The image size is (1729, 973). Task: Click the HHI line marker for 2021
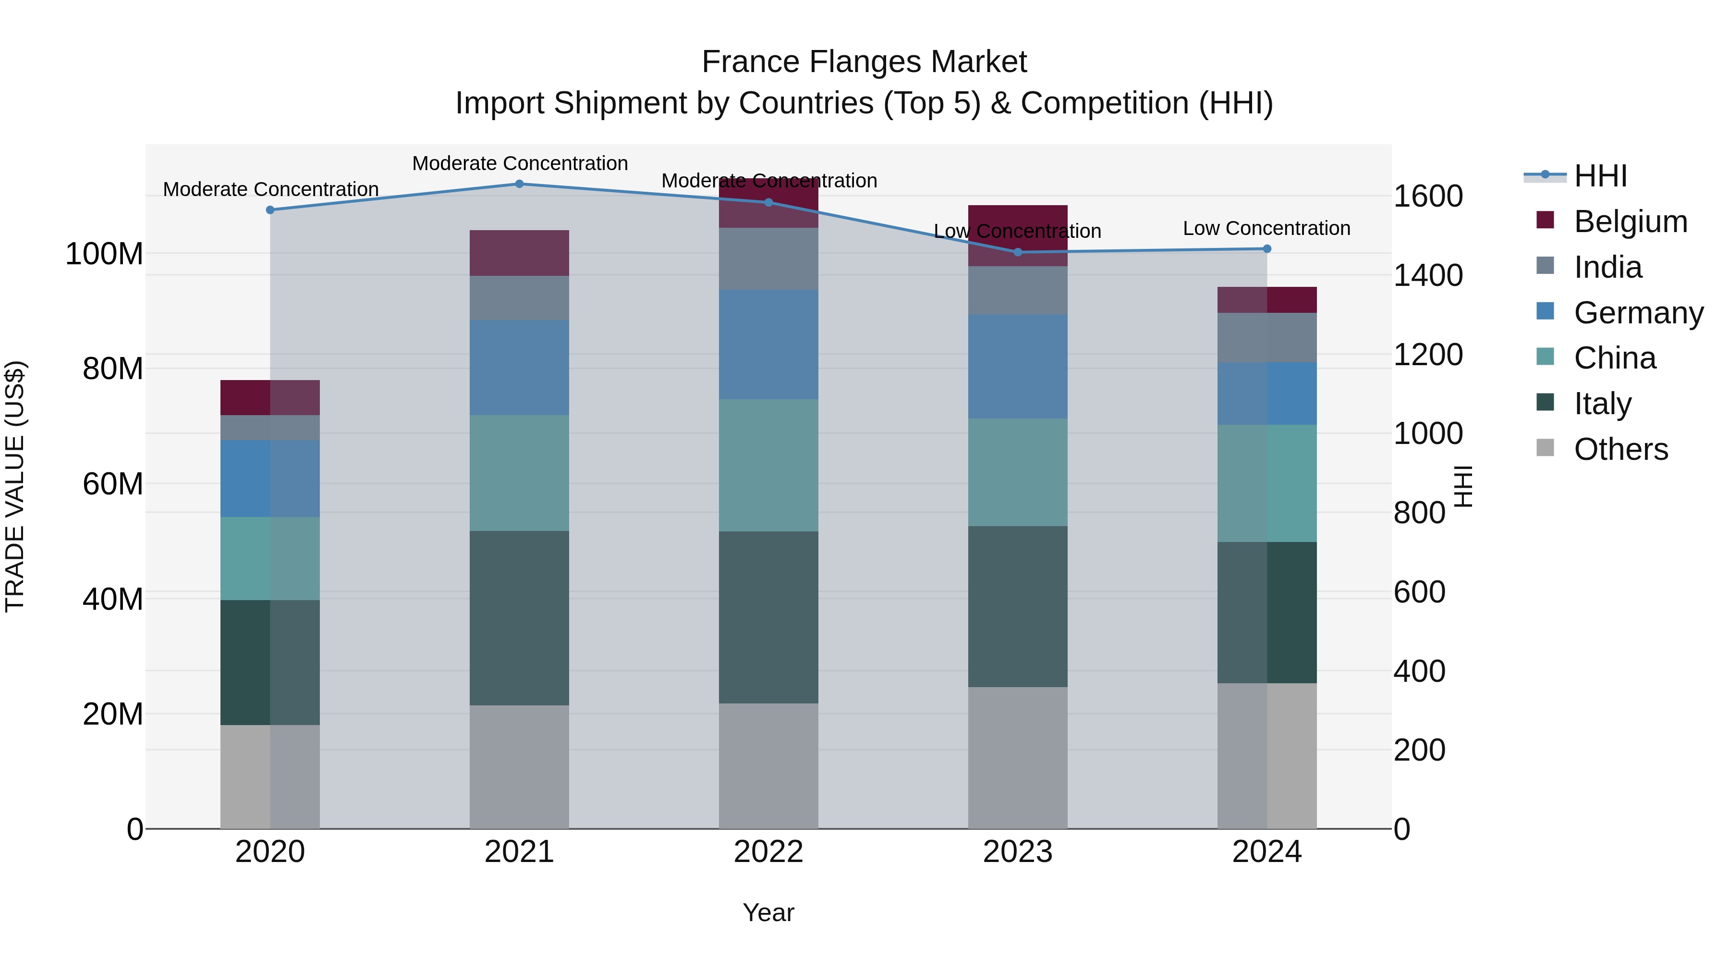(519, 184)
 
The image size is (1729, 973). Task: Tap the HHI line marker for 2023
(1018, 252)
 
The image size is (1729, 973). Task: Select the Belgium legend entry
(1630, 222)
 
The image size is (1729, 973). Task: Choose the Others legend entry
(1620, 449)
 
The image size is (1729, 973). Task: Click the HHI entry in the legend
(1600, 176)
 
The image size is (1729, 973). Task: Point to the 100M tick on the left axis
(104, 254)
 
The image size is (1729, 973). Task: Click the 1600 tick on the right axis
(1428, 196)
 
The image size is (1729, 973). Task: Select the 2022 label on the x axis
(768, 852)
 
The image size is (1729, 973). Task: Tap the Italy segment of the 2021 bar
(519, 618)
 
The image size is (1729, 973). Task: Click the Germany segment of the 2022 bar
(768, 345)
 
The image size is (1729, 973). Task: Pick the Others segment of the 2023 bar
(1018, 757)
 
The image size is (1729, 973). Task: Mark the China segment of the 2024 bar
(1266, 483)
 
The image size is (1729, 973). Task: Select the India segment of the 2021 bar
(519, 298)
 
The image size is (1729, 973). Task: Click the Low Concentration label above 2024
(1266, 228)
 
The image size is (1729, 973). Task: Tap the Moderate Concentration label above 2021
(520, 163)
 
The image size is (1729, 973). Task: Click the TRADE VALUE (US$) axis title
(15, 486)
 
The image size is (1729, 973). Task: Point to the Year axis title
(768, 912)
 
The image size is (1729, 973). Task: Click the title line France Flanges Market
(864, 62)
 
